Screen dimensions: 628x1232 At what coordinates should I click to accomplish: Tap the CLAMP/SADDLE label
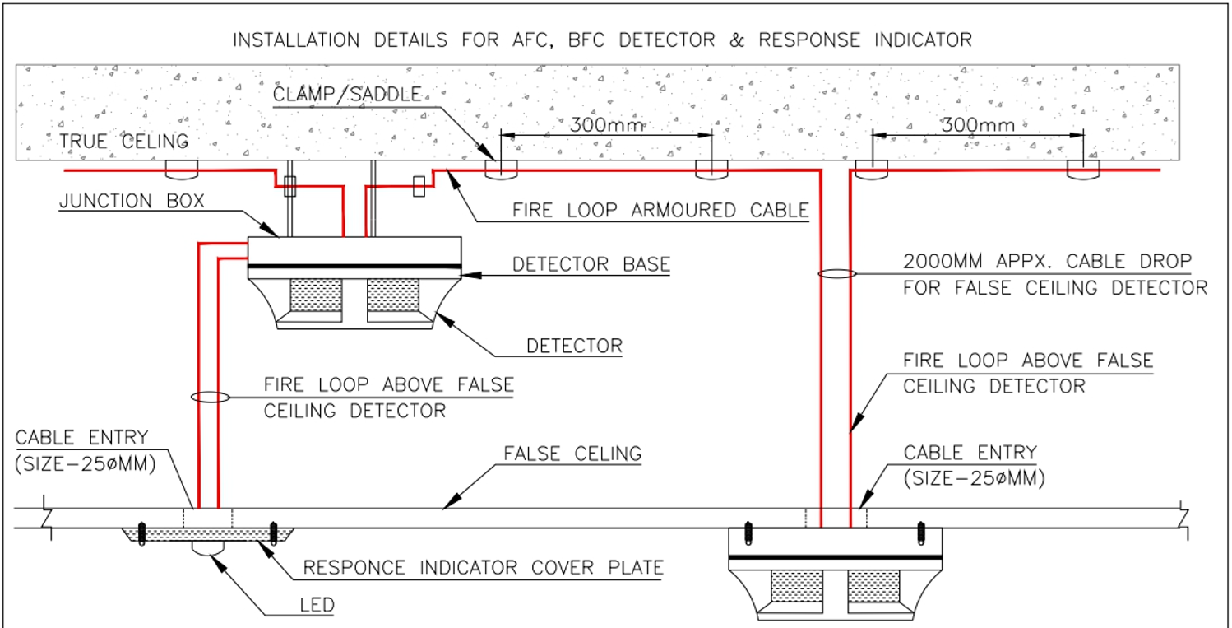coord(346,95)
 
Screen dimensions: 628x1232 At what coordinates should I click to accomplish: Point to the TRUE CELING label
coord(123,142)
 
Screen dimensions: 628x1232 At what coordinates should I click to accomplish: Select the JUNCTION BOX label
coord(131,201)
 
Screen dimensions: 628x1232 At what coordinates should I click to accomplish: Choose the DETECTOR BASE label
coord(591,265)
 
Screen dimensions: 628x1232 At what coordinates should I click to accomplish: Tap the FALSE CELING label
coord(572,454)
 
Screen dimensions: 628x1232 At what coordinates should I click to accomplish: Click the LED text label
coord(317,606)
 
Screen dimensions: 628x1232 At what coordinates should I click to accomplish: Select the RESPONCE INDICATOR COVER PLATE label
coord(483,568)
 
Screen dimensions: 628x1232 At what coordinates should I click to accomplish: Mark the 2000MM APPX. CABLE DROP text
coord(1047,263)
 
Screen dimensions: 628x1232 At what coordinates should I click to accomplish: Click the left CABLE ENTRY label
coord(81,437)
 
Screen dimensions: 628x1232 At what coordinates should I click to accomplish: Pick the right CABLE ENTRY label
coord(970,453)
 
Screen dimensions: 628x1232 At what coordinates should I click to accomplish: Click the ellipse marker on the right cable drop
coord(836,273)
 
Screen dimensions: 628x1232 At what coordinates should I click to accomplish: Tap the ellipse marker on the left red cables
coord(209,398)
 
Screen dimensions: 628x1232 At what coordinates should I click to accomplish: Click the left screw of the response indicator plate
coord(142,533)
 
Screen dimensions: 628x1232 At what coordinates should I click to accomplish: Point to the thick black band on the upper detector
coord(354,266)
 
